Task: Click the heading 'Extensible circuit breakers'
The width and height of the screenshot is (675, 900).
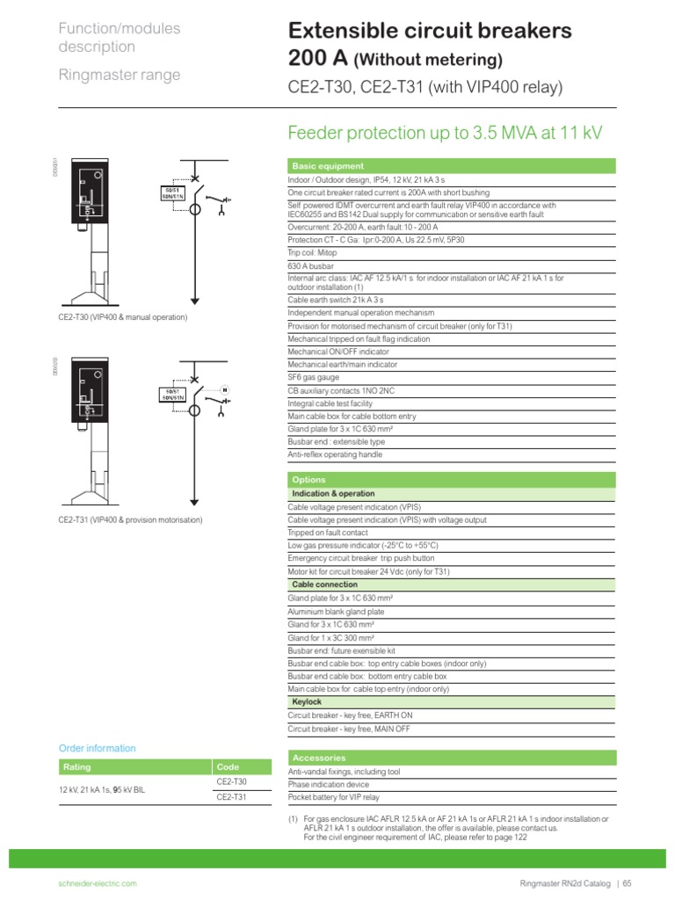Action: pyautogui.click(x=430, y=32)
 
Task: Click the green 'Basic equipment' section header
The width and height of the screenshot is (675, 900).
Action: pyautogui.click(x=316, y=166)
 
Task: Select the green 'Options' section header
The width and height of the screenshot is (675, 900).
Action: pyautogui.click(x=308, y=480)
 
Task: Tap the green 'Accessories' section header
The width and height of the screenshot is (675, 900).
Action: pyautogui.click(x=318, y=758)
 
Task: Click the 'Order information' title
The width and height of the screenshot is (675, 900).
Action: pyautogui.click(x=98, y=749)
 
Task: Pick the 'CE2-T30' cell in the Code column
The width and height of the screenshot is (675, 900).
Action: pyautogui.click(x=232, y=781)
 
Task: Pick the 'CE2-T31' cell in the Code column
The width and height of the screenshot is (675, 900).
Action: pyautogui.click(x=232, y=797)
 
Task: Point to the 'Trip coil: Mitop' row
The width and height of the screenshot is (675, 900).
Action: pyautogui.click(x=313, y=251)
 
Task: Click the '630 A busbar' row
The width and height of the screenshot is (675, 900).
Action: pyautogui.click(x=308, y=265)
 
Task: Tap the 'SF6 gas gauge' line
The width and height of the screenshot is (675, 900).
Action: pyautogui.click(x=312, y=377)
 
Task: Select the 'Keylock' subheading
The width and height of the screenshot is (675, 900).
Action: pyautogui.click(x=307, y=702)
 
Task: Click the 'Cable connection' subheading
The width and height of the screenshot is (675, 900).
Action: pyautogui.click(x=324, y=584)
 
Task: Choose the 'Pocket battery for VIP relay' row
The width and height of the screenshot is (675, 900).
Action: pyautogui.click(x=334, y=797)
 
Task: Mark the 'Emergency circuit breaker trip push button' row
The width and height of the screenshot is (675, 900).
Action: pyautogui.click(x=361, y=558)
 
